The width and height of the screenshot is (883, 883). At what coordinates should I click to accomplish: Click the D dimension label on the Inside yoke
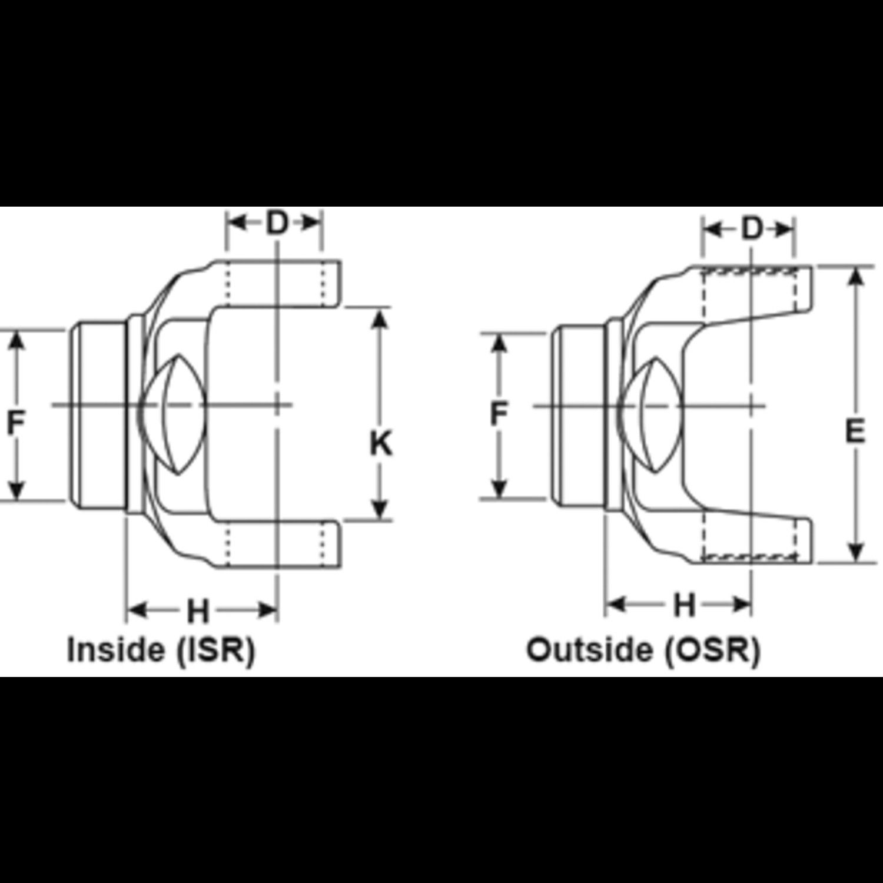tap(275, 223)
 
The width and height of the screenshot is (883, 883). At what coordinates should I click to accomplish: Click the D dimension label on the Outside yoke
tap(752, 229)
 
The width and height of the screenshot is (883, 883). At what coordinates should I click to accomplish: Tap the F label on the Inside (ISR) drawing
tap(16, 423)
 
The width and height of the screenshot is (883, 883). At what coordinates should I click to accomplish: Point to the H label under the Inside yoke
tap(198, 611)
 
